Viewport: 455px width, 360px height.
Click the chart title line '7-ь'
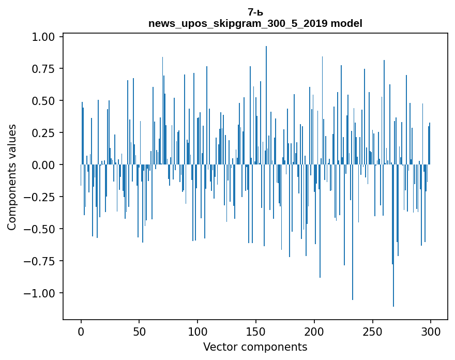pos(255,12)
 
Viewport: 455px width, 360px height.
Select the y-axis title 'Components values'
pos(12,177)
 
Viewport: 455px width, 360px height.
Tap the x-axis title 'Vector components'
pos(255,347)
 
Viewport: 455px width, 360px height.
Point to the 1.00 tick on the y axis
pos(46,37)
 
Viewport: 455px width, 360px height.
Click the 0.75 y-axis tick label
pos(46,69)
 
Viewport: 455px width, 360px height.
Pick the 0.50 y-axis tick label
pos(46,101)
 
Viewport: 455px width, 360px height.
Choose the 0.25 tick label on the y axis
pos(46,133)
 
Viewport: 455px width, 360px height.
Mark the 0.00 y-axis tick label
pos(46,165)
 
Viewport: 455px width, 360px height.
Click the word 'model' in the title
pos(348,23)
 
